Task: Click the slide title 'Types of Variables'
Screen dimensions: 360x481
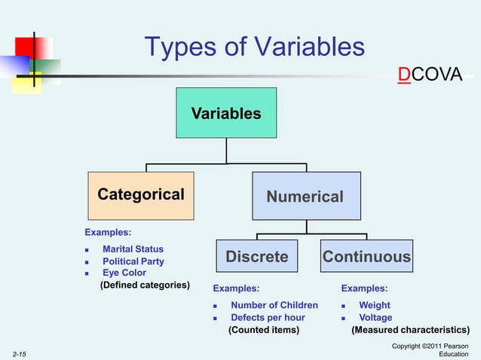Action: (255, 48)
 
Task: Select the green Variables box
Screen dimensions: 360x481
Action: (226, 113)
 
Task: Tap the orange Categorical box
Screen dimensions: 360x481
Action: (141, 194)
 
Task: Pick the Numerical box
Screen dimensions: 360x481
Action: (305, 196)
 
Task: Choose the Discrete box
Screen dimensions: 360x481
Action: (257, 257)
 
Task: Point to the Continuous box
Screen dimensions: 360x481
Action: (366, 257)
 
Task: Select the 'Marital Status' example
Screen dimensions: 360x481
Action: (133, 249)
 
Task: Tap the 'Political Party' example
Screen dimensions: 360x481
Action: (133, 261)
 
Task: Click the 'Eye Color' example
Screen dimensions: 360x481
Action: (124, 273)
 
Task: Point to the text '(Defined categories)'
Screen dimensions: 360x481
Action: (145, 285)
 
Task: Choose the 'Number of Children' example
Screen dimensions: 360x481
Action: (274, 305)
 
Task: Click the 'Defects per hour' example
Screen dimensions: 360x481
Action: (268, 317)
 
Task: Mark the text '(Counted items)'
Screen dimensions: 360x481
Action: (263, 329)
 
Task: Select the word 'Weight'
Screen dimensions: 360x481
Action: (375, 305)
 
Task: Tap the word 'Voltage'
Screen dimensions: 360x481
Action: (375, 317)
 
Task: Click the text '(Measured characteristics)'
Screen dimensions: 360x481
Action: (410, 329)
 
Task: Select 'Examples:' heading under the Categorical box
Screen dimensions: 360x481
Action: (108, 233)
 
